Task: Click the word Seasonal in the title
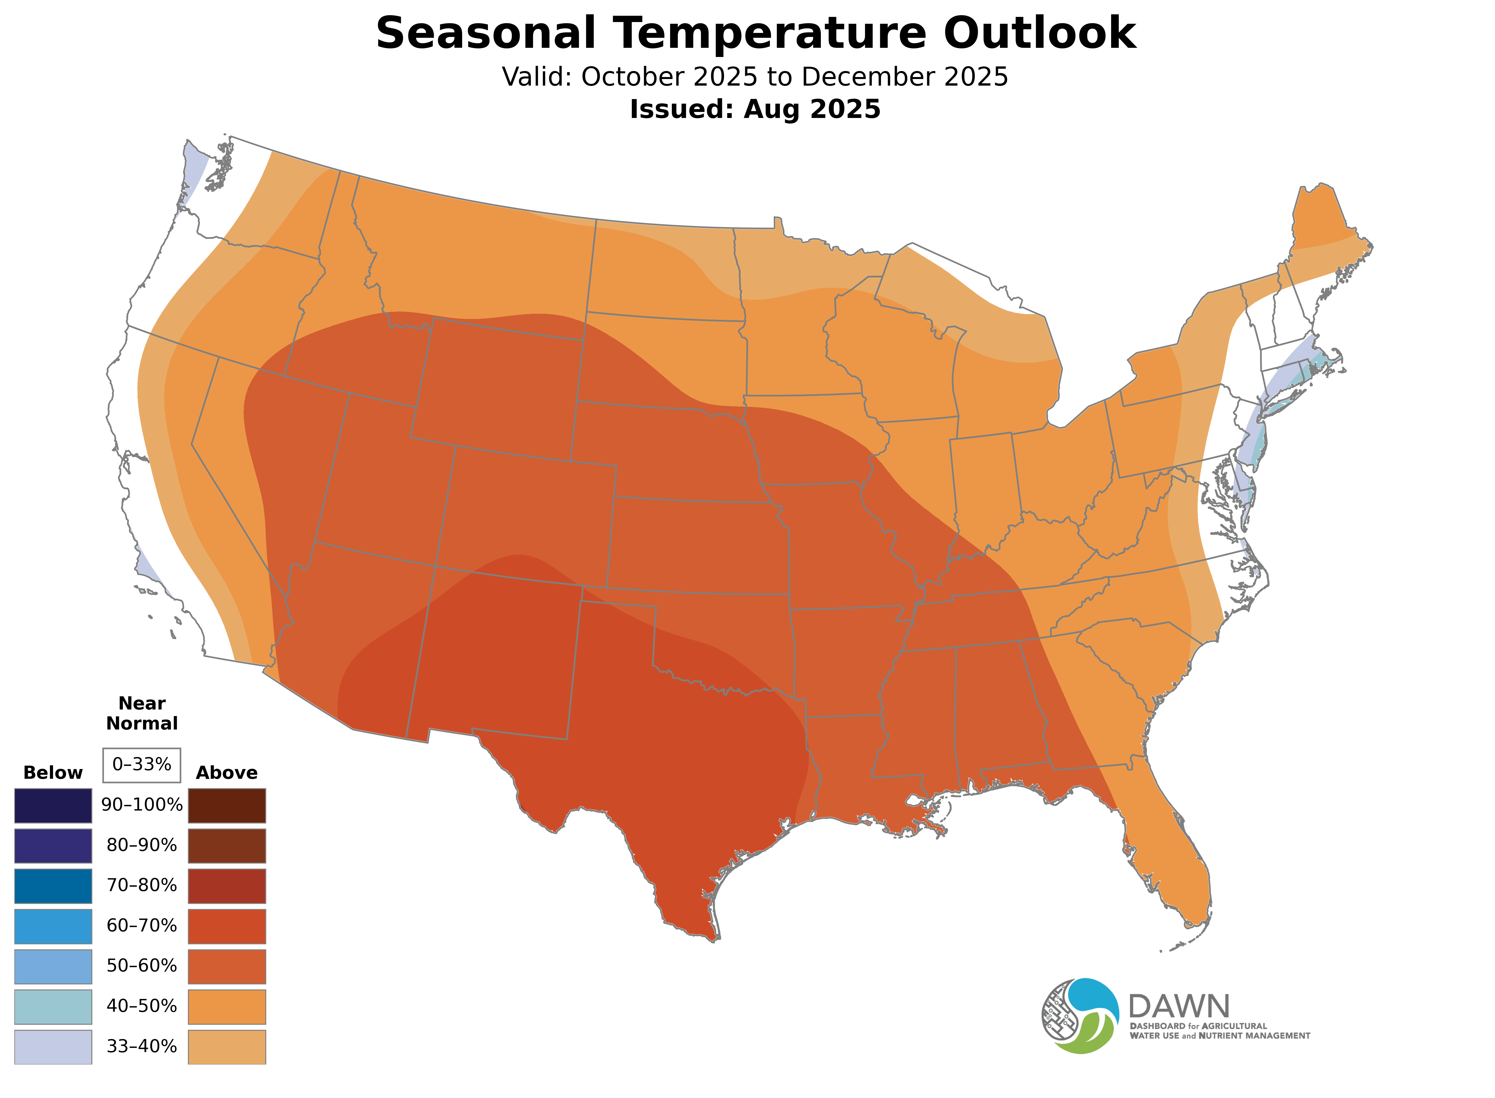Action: [x=485, y=33]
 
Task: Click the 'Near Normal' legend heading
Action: [x=142, y=713]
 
